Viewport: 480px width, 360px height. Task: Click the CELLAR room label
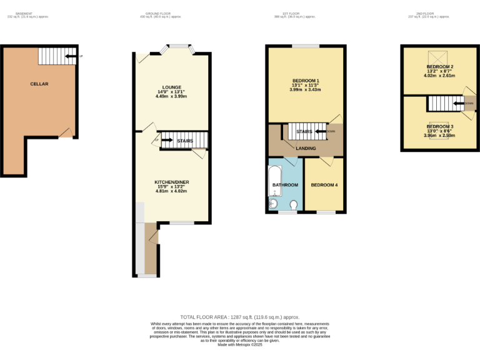[39, 84]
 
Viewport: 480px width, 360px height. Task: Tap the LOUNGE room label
[171, 87]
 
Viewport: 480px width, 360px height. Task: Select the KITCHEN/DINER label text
[172, 182]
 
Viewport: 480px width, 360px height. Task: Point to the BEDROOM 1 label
[306, 80]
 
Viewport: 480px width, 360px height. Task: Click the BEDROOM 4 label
[324, 185]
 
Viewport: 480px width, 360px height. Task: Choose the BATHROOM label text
[285, 185]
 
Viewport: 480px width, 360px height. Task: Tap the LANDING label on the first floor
[306, 148]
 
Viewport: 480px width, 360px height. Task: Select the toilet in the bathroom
[294, 204]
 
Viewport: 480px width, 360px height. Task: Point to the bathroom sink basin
[272, 202]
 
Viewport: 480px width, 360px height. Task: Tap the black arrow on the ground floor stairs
[167, 141]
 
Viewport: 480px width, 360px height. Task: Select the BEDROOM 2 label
[440, 67]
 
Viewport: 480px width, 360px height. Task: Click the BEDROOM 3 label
[440, 126]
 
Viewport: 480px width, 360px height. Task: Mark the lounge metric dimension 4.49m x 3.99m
[171, 97]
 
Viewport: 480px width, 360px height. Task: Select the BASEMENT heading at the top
[24, 14]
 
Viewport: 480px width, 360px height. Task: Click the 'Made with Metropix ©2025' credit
[240, 344]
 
